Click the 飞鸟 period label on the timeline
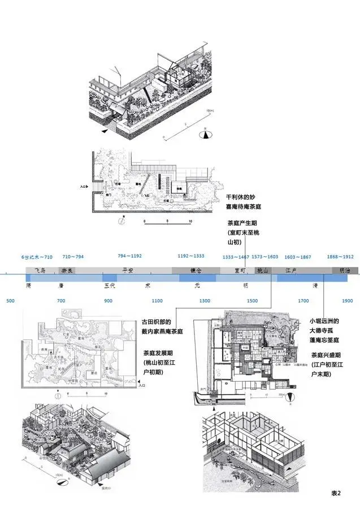[39, 271]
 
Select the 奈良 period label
[67, 271]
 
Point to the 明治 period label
[344, 271]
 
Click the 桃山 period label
[263, 271]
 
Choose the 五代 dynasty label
[110, 286]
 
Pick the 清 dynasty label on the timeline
[315, 286]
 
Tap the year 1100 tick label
[157, 300]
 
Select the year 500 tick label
[10, 300]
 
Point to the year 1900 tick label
[347, 300]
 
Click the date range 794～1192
[130, 257]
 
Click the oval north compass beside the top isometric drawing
[207, 135]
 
